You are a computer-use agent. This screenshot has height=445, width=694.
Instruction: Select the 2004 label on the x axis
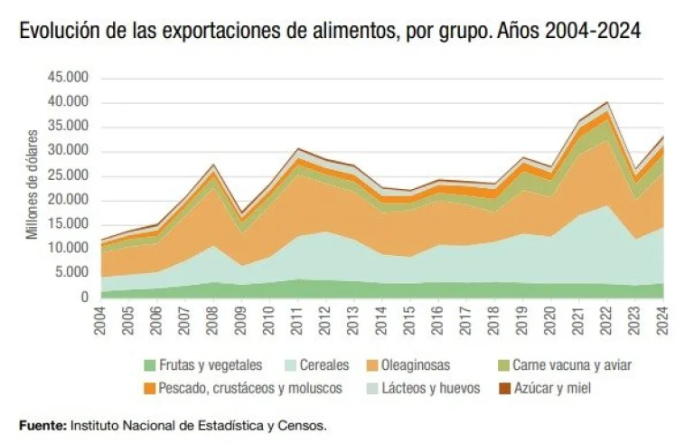[x=103, y=321]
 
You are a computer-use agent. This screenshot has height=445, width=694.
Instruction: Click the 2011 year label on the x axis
[x=297, y=321]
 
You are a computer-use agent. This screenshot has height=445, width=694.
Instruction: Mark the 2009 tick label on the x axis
[x=241, y=321]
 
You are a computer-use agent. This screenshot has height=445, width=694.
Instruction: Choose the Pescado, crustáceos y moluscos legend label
[x=251, y=388]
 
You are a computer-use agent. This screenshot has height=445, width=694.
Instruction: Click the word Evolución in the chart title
[x=56, y=32]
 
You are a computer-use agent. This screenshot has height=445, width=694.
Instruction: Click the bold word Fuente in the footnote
[x=42, y=424]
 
